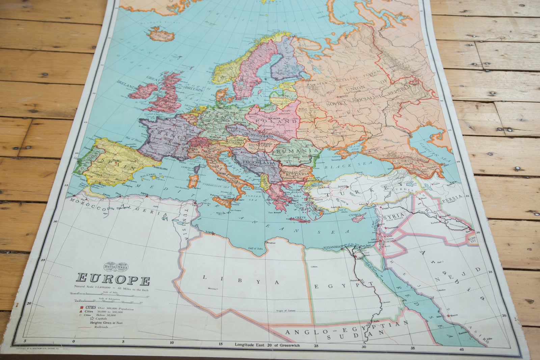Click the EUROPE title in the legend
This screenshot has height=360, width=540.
click(x=113, y=279)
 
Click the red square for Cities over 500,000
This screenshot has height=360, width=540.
click(x=82, y=308)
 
